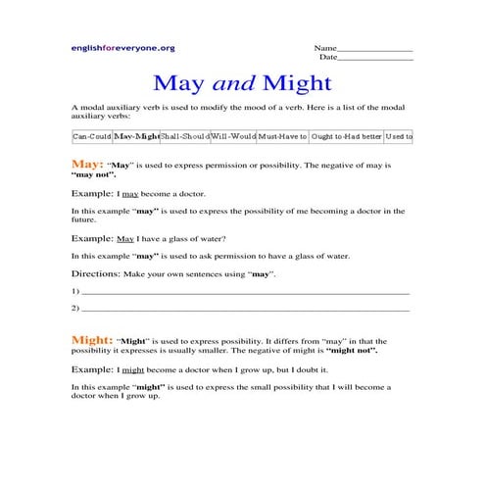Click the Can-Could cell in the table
(92, 137)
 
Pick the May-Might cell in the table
(135, 137)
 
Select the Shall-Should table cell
(183, 137)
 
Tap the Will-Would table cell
(233, 137)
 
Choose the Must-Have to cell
(283, 137)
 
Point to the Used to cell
(398, 137)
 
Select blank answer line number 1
(245, 292)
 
